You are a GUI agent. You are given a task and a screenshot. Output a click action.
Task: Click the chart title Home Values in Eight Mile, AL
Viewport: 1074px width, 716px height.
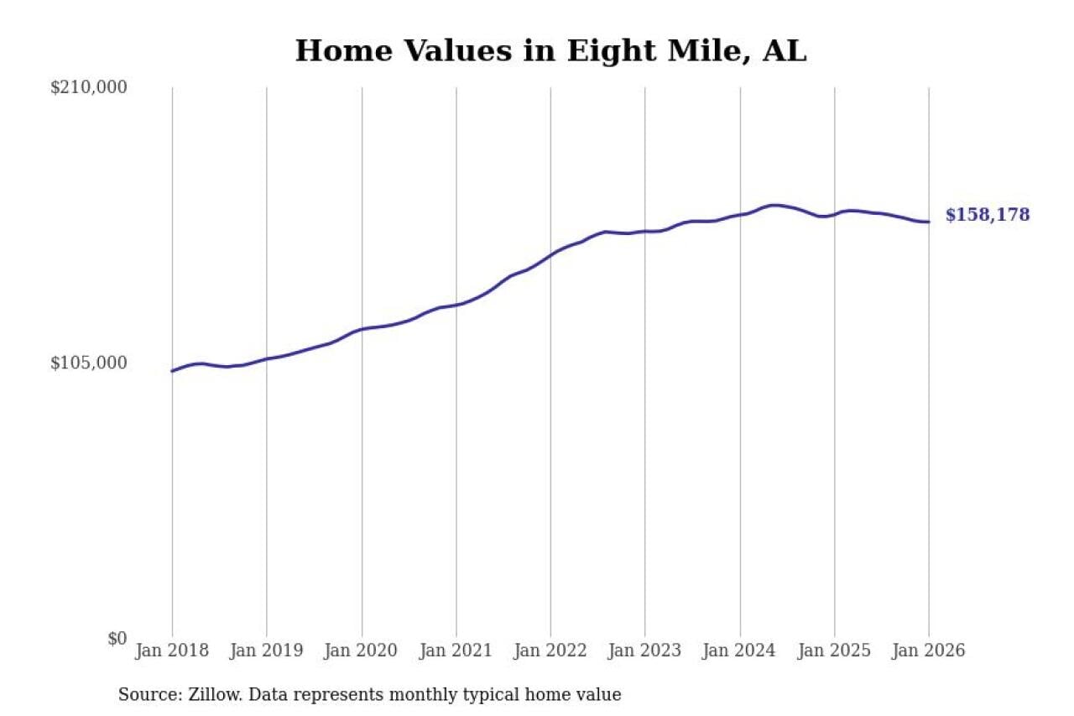[550, 51]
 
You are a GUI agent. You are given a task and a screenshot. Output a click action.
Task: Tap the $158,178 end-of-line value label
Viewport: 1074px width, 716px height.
[988, 215]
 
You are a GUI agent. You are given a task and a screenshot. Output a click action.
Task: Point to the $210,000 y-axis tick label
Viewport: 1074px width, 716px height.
[89, 87]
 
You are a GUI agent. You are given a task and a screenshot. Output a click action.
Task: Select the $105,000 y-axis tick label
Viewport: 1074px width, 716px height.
[89, 363]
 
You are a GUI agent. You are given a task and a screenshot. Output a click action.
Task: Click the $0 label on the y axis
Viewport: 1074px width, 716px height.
[117, 638]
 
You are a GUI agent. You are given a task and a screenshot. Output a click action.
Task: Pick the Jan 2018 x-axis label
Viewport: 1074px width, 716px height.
[172, 651]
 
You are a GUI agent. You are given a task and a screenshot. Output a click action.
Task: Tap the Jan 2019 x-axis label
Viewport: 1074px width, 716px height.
[267, 651]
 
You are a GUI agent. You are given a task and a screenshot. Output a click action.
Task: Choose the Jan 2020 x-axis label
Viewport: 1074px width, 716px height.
[362, 651]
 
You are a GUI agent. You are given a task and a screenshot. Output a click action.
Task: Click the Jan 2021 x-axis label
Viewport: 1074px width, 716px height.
[456, 651]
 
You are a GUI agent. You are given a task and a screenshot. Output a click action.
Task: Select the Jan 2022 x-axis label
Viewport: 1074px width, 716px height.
[550, 651]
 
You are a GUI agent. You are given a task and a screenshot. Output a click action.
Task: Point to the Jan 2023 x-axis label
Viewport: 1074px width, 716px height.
[645, 651]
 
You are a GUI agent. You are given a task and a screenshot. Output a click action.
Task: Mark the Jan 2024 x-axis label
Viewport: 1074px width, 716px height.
[740, 651]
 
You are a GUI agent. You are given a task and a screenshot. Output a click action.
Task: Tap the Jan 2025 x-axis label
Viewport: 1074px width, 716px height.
[835, 651]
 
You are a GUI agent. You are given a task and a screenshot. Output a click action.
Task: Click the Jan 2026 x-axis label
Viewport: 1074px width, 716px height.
[929, 651]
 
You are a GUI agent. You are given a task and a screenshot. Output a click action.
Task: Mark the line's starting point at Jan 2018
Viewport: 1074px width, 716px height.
[172, 370]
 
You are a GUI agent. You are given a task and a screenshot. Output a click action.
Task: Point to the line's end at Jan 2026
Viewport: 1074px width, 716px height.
[929, 222]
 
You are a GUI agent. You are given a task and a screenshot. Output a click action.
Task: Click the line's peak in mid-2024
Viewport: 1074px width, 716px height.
[774, 205]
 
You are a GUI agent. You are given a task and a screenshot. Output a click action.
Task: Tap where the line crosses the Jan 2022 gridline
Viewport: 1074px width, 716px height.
[550, 253]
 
